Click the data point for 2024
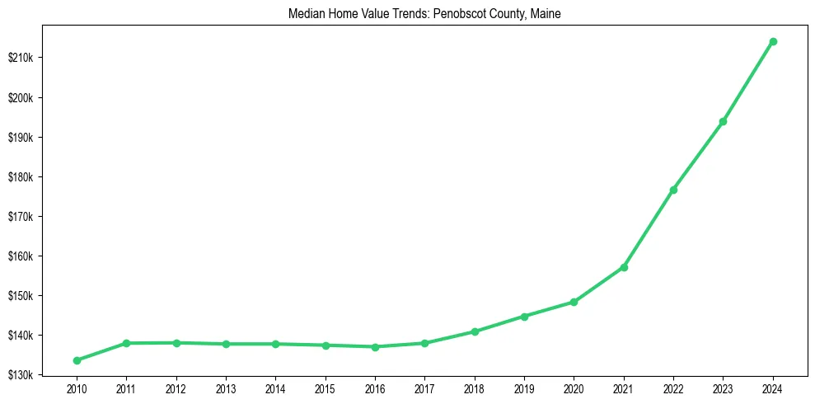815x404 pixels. (x=773, y=41)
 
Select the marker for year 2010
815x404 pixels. (x=77, y=360)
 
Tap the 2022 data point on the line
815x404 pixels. (x=673, y=190)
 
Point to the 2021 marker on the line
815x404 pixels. (x=624, y=267)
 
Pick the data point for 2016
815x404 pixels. (x=375, y=347)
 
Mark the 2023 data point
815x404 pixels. (x=723, y=121)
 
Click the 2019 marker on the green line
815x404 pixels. (x=524, y=316)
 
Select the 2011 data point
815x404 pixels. (x=126, y=343)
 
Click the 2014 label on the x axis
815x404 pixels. (x=275, y=388)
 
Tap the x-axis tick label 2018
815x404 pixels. (x=475, y=388)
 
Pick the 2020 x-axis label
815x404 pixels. (x=574, y=388)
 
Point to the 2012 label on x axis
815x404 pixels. (x=176, y=388)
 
